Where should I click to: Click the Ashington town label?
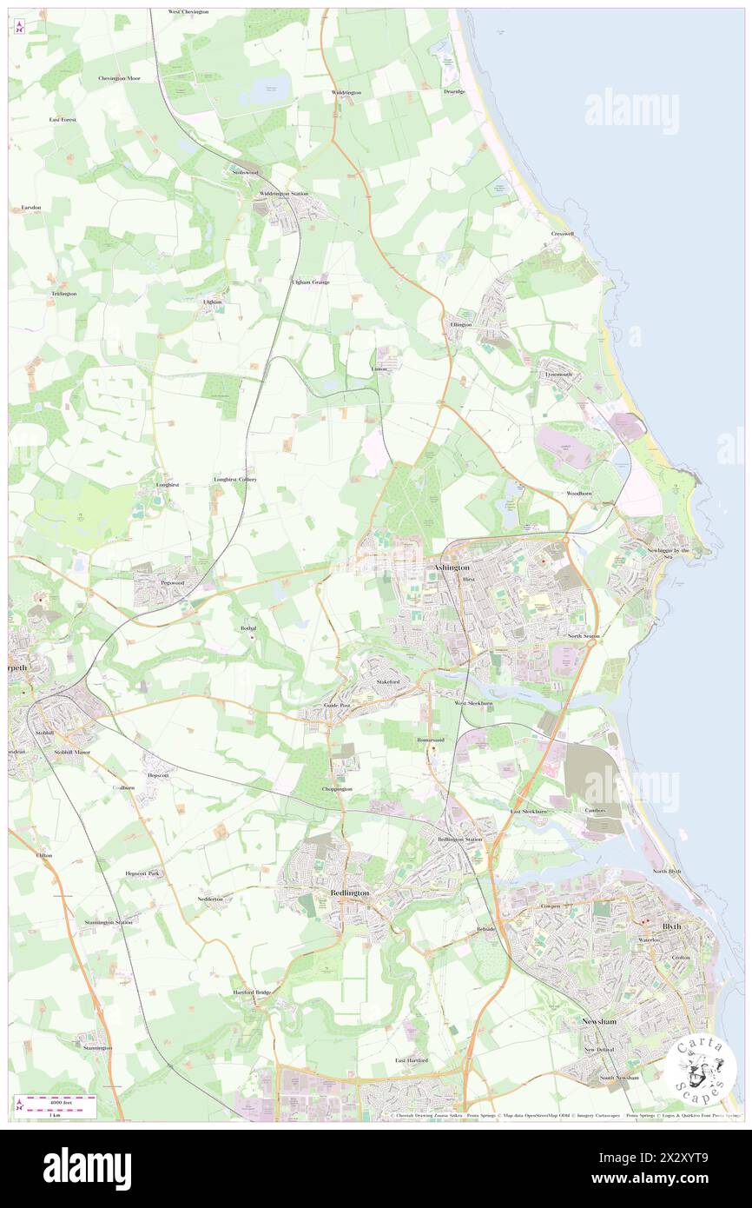[x=451, y=567]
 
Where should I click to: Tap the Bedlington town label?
[x=350, y=893]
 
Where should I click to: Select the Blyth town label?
[x=671, y=926]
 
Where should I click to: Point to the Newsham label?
[x=599, y=1021]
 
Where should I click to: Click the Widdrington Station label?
[x=280, y=193]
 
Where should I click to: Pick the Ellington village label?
[x=460, y=324]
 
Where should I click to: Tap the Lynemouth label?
[x=558, y=375]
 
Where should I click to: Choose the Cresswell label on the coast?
[x=563, y=234]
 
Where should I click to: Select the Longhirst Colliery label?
[x=234, y=479]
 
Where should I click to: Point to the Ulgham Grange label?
[x=310, y=282]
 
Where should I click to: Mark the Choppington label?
[x=337, y=788]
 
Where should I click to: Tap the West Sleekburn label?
[x=473, y=702]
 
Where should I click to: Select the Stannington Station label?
[x=109, y=921]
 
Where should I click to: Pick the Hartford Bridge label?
[x=252, y=992]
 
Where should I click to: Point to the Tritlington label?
[x=63, y=294]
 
